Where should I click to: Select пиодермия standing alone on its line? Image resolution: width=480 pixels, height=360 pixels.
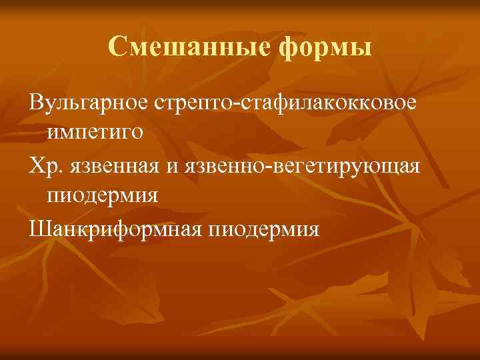pos(103,196)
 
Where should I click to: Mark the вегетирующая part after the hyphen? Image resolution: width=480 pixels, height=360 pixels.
pos(347,167)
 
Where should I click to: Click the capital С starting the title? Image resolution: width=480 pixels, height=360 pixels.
pos(115,47)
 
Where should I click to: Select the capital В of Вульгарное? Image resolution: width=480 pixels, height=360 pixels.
pos(36,103)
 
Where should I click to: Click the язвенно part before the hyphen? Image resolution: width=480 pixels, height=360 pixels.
pos(223,167)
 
